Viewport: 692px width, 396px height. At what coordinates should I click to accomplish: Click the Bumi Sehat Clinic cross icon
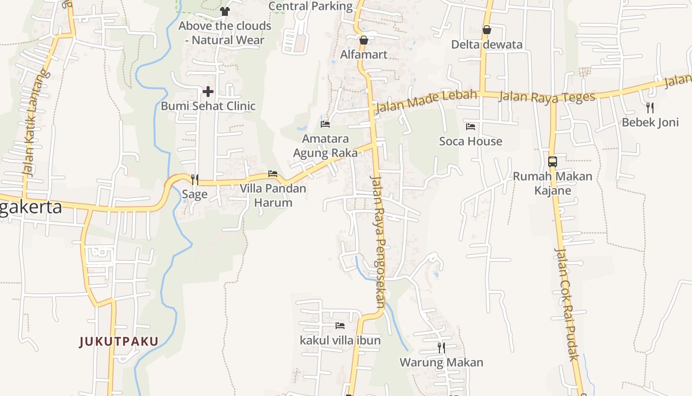click(208, 91)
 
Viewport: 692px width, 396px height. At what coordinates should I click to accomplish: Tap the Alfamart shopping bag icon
click(364, 40)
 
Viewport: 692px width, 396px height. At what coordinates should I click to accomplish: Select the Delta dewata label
click(486, 45)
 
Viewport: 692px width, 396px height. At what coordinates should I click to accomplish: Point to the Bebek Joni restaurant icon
click(650, 107)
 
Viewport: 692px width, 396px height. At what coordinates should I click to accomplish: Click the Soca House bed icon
click(470, 127)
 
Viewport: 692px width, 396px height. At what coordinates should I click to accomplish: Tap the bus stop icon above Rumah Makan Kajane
click(553, 161)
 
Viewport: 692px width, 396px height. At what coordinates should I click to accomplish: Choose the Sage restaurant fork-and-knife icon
click(195, 179)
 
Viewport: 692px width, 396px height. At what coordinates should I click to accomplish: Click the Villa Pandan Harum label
click(273, 196)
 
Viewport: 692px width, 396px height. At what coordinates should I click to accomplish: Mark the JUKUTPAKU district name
click(119, 342)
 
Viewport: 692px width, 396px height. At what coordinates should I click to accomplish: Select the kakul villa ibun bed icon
click(340, 325)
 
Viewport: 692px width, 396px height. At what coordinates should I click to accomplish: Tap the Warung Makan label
click(441, 362)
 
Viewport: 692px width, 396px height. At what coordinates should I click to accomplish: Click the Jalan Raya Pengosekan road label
click(378, 243)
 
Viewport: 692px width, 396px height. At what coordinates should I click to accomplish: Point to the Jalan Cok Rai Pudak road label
click(566, 304)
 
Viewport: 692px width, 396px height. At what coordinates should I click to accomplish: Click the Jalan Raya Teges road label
click(547, 97)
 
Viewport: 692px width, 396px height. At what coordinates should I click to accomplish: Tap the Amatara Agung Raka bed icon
click(325, 124)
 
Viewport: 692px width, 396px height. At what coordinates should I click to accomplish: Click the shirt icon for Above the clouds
click(225, 11)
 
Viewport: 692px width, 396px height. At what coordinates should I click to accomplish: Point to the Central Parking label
click(310, 6)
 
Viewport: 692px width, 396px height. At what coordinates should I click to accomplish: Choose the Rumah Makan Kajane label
click(553, 183)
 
